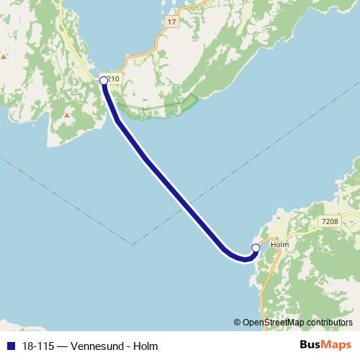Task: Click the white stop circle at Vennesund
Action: coord(103,81)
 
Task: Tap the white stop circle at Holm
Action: coord(256,248)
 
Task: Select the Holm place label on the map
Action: coord(279,245)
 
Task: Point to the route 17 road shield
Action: coord(171,23)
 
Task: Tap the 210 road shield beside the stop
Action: coord(112,78)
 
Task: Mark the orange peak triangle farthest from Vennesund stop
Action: coord(4,56)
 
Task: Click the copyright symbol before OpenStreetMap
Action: coord(238,323)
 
